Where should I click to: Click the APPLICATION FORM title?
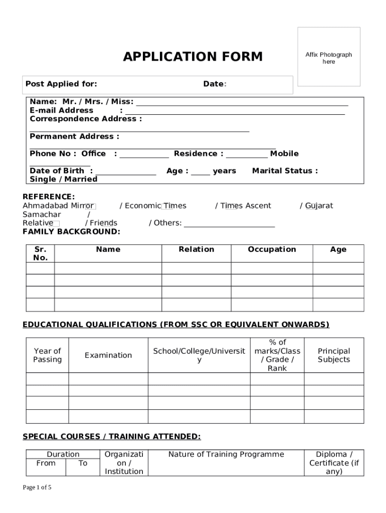click(x=193, y=57)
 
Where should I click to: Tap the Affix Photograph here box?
click(x=329, y=57)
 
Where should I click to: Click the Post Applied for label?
click(x=61, y=84)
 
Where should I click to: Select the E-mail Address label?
click(x=61, y=110)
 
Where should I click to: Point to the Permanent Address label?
click(x=74, y=136)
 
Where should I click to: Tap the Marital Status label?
click(x=285, y=171)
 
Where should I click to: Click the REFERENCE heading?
click(x=49, y=197)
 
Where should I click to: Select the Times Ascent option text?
click(x=246, y=205)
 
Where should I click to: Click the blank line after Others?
click(x=229, y=223)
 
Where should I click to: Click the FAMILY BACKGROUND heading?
click(x=71, y=231)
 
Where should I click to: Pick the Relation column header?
click(x=196, y=249)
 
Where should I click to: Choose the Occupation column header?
click(x=272, y=249)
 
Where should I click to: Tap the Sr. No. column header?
click(x=40, y=253)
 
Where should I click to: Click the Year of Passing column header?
click(x=47, y=355)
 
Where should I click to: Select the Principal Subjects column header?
click(x=334, y=355)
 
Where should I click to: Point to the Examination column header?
click(x=108, y=355)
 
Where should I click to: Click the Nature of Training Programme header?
click(x=226, y=454)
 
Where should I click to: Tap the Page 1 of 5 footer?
click(x=37, y=487)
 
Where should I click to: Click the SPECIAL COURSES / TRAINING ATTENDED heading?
click(x=111, y=437)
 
